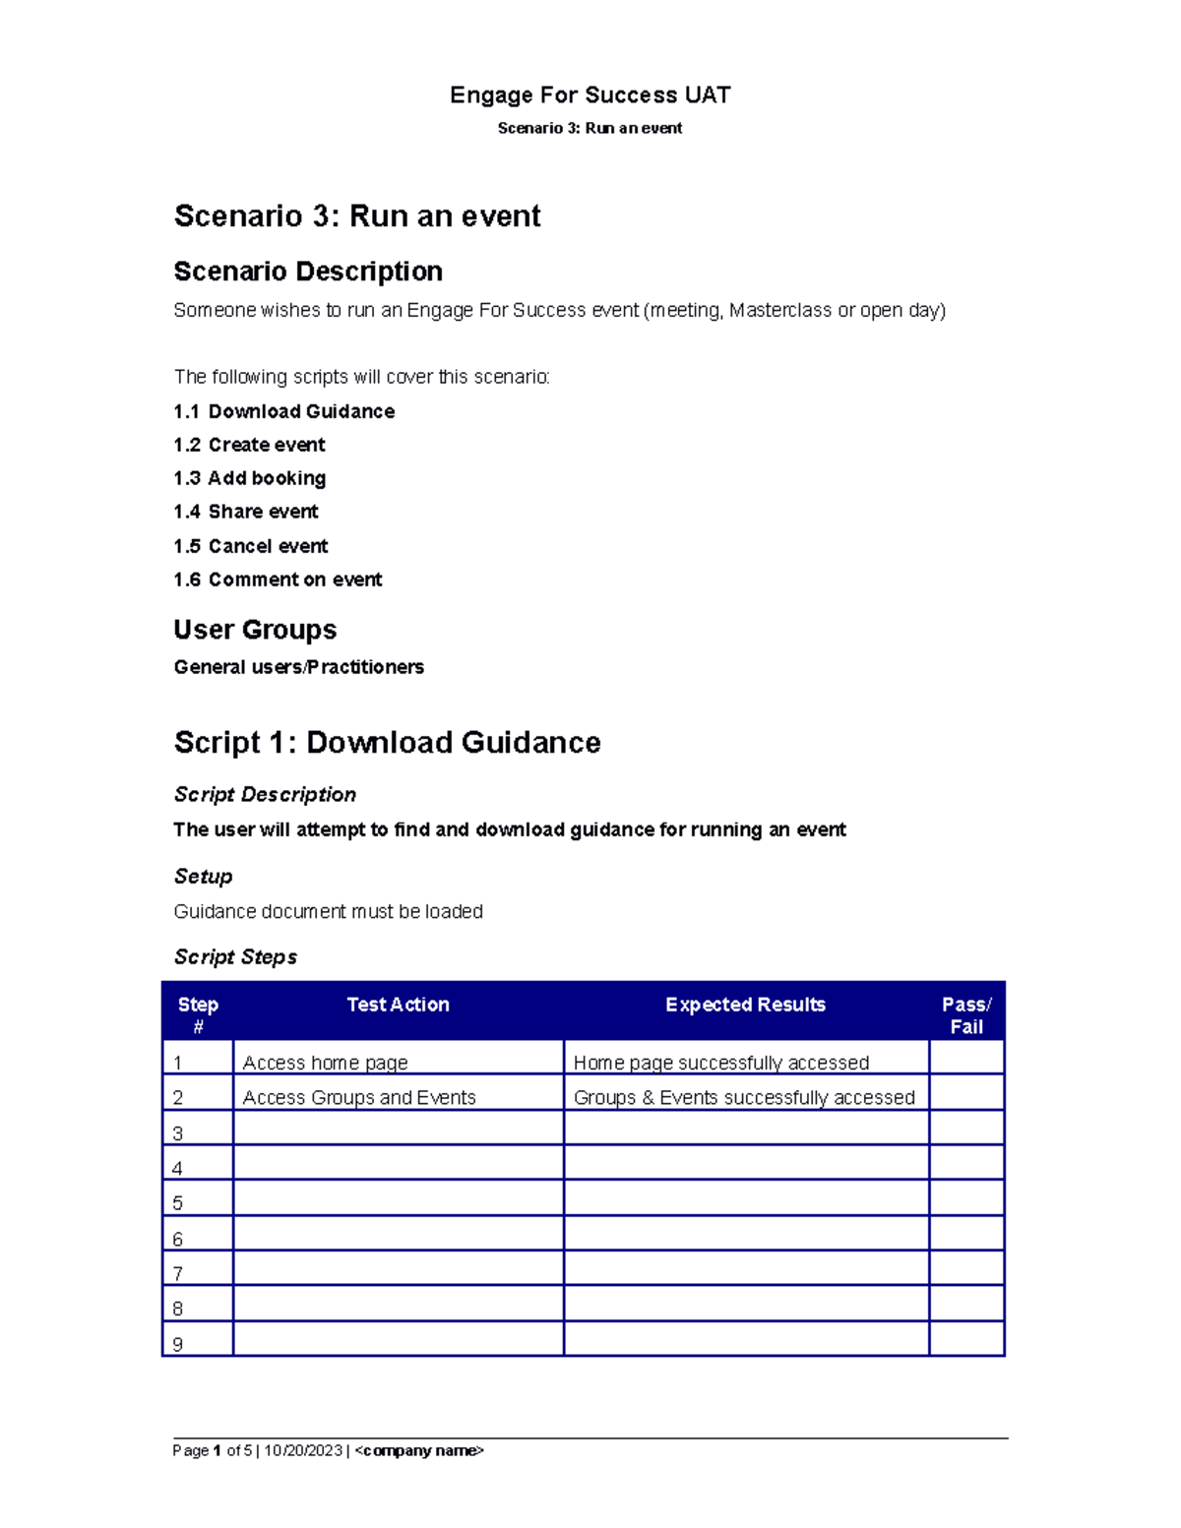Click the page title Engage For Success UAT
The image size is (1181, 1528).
590,95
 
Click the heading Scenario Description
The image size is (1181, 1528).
308,272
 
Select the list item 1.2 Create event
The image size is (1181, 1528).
249,445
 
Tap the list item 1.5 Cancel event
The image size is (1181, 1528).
251,546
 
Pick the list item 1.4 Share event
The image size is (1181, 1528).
246,512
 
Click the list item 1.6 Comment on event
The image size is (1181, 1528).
278,580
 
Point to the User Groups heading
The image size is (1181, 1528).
255,630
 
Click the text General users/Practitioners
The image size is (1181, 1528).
298,667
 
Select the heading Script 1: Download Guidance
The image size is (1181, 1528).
387,743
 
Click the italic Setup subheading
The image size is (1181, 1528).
203,877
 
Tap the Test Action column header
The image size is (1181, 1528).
398,1005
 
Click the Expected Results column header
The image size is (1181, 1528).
745,1005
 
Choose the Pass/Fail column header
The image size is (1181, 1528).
966,1014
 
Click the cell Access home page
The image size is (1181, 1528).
325,1063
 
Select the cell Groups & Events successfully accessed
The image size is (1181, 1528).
744,1097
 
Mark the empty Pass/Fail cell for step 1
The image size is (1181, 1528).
966,1059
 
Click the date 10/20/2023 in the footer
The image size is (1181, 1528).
303,1450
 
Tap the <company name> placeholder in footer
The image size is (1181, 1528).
419,1450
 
